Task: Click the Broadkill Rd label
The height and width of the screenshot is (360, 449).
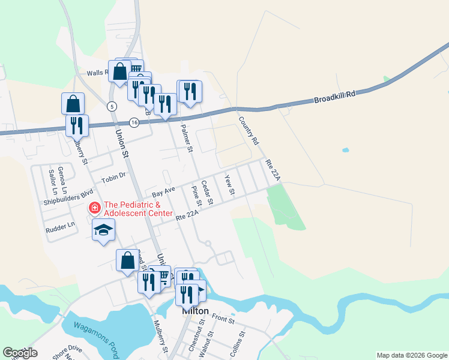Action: click(334, 97)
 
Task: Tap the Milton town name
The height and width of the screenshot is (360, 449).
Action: click(196, 311)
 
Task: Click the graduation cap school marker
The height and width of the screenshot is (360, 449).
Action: click(103, 231)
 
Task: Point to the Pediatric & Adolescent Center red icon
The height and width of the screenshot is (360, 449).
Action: click(95, 209)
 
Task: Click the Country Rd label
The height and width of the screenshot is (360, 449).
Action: click(248, 130)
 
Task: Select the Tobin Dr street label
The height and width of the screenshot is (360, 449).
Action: click(113, 177)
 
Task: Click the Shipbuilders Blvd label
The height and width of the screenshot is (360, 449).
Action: click(69, 198)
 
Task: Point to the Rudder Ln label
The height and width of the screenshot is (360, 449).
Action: click(61, 226)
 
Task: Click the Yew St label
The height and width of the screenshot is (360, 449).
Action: click(229, 184)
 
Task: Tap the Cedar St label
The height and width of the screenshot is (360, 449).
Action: click(206, 193)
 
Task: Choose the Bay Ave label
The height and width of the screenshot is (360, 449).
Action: click(163, 192)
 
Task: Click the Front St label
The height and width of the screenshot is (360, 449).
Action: click(223, 319)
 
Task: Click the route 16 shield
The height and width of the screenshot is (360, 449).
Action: click(134, 122)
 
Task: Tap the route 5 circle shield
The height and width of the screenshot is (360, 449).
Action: click(112, 106)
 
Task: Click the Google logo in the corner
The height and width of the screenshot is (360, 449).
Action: click(20, 353)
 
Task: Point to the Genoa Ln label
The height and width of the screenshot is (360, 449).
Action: click(59, 176)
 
